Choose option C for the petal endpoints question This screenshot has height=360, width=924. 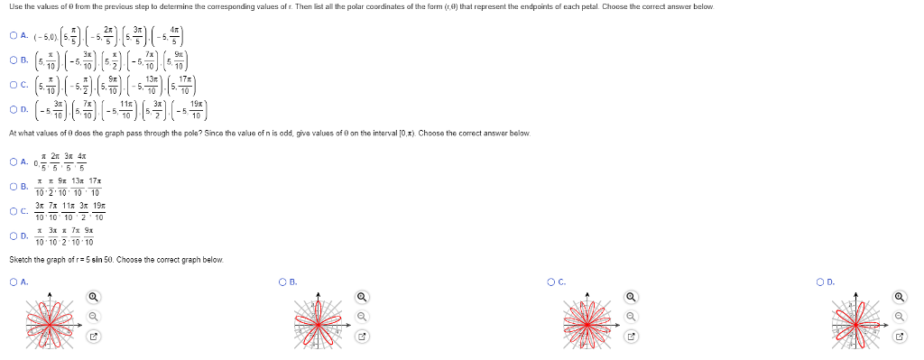[x=14, y=87]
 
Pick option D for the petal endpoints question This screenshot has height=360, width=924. [x=14, y=112]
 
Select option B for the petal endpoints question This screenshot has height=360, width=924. [x=14, y=61]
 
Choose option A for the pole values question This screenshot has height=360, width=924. [x=14, y=163]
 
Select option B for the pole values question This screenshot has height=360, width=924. [x=14, y=188]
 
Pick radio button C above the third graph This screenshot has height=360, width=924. [x=551, y=282]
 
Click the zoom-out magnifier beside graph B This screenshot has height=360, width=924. [x=362, y=317]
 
